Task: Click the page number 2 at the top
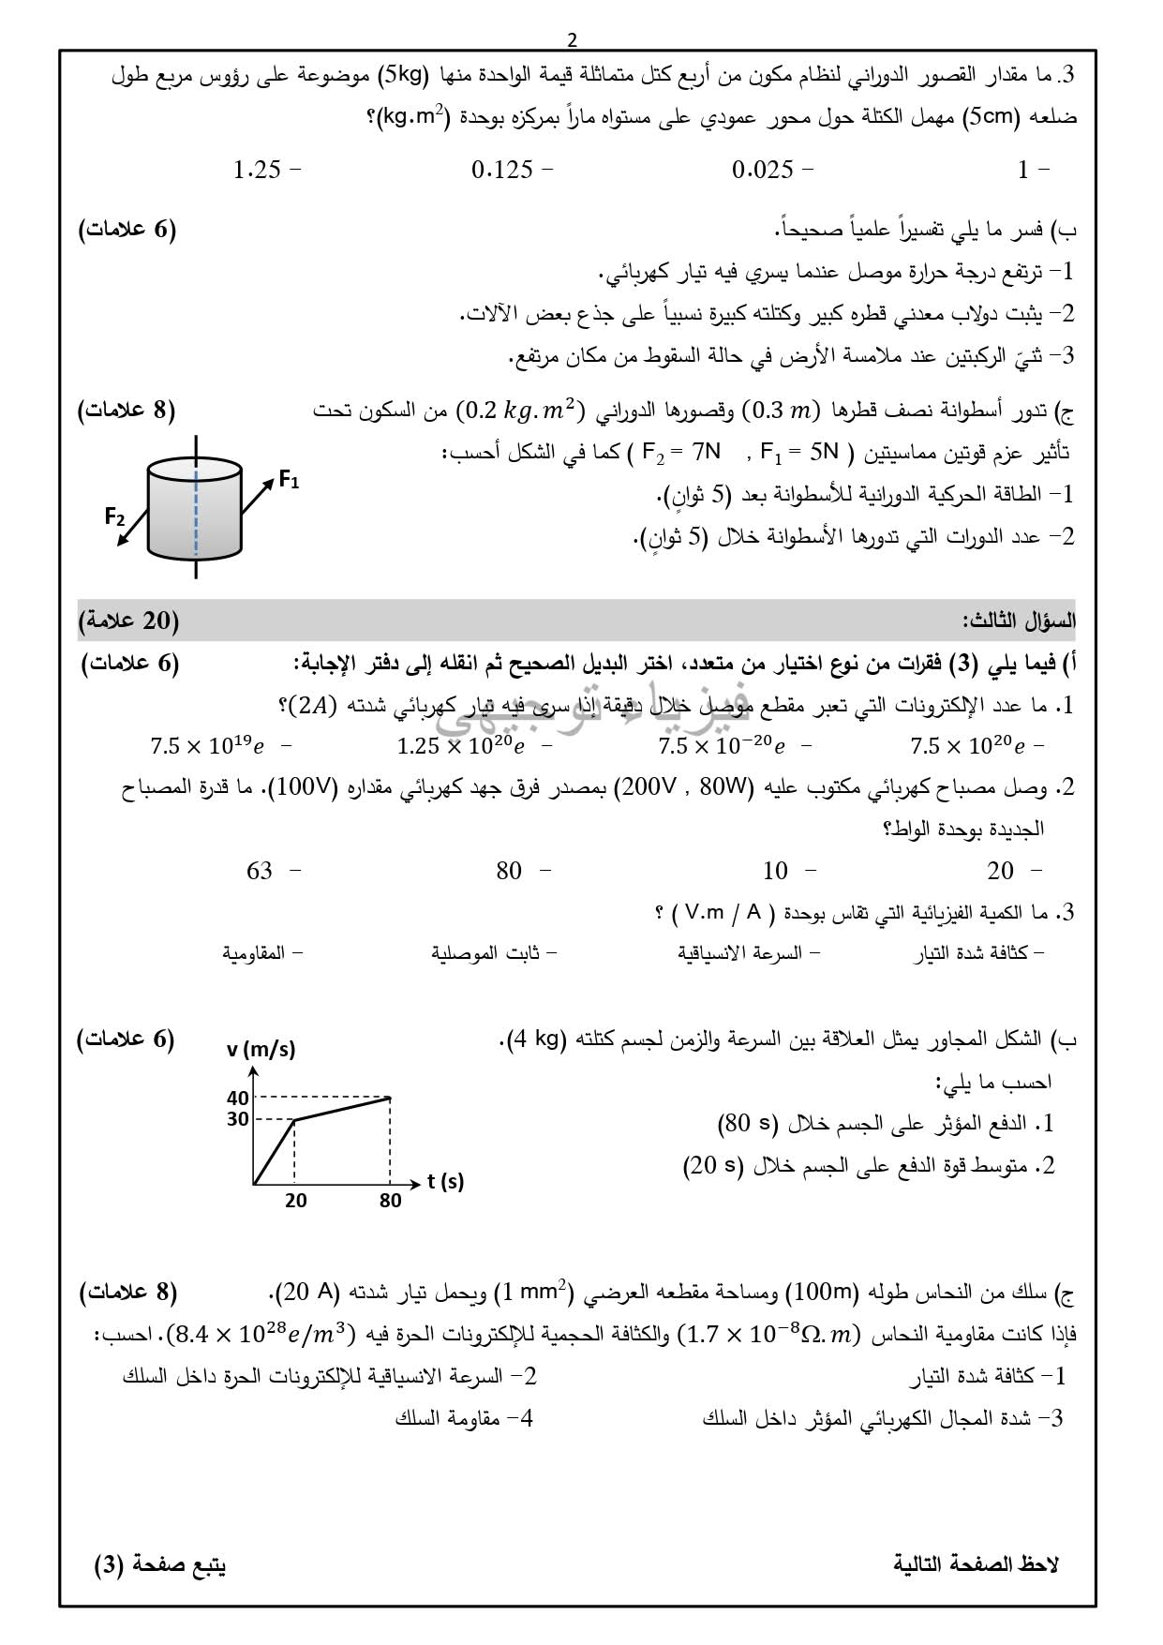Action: [573, 39]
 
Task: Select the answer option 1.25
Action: [258, 170]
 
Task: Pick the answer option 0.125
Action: [502, 170]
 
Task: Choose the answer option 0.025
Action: [763, 170]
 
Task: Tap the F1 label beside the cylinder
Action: [289, 482]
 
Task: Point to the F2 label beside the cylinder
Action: [114, 516]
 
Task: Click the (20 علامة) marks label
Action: [129, 621]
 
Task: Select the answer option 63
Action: [260, 871]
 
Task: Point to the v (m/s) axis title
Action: [261, 1049]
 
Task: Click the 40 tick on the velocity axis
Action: [238, 1098]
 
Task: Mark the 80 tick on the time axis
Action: [390, 1200]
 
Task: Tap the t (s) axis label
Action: [446, 1181]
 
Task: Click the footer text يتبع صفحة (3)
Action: [160, 1563]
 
